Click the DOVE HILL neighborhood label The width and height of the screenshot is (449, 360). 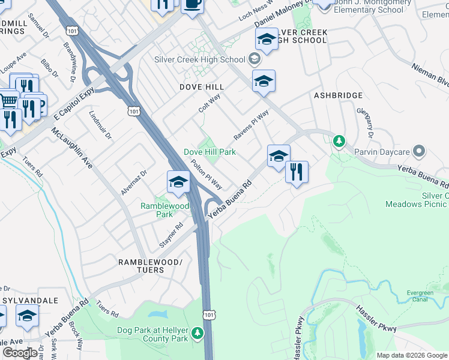[202, 87]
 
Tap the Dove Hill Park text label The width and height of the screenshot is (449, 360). [209, 152]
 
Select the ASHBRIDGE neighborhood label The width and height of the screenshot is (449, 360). [339, 95]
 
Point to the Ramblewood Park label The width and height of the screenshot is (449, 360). [164, 209]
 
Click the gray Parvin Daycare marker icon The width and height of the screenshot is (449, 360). [419, 151]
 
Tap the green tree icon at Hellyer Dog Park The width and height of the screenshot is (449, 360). [197, 332]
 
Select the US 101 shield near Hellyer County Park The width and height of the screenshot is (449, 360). [208, 314]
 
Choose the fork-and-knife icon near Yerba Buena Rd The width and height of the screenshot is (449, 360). [297, 173]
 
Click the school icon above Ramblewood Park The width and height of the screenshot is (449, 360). [178, 182]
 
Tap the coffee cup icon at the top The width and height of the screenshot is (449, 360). [192, 4]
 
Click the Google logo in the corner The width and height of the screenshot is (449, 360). [19, 353]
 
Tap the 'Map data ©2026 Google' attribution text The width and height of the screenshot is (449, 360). [411, 355]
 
